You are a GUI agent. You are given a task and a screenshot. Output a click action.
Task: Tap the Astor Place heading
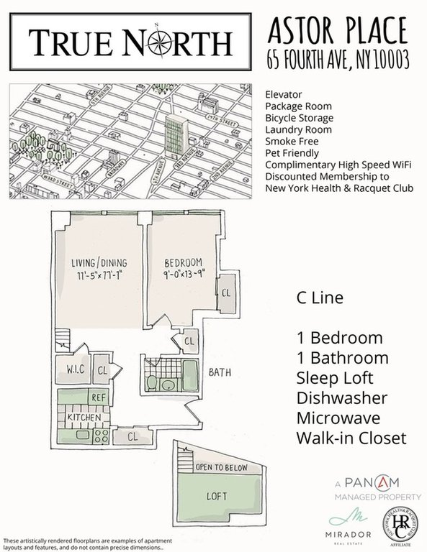[336, 31]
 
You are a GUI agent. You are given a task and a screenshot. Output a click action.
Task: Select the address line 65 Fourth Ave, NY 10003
[336, 60]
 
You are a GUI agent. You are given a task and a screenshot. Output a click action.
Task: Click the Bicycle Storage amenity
[299, 118]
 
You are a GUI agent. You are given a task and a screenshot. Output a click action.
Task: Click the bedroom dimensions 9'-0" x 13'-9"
[184, 274]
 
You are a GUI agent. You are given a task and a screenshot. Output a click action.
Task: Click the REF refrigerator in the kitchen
[98, 397]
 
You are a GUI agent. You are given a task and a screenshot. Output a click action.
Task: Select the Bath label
[220, 373]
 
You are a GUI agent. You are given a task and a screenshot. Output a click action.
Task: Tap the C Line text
[320, 298]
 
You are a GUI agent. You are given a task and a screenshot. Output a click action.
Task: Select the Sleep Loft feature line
[336, 378]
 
